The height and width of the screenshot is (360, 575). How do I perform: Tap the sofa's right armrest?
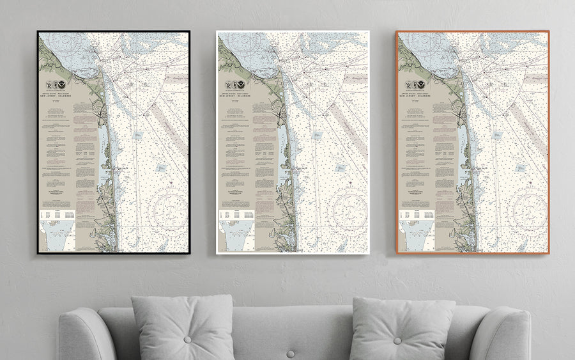point(508,333)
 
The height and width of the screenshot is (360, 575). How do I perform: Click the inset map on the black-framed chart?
point(57,238)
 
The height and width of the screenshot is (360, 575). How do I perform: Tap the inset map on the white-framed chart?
point(237,238)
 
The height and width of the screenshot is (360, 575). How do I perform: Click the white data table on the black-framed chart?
point(57,217)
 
